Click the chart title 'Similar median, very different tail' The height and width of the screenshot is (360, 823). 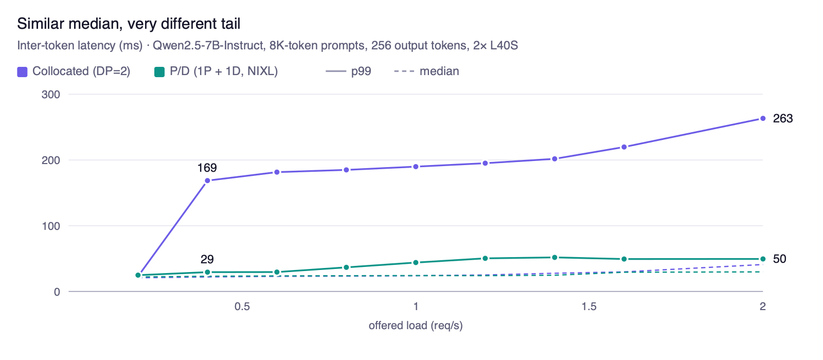(x=129, y=24)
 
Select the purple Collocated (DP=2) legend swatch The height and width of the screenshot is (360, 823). (x=23, y=71)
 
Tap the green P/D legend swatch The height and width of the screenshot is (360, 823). (x=159, y=71)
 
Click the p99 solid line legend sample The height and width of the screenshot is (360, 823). (x=336, y=71)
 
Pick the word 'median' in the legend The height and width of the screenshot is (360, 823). (x=439, y=71)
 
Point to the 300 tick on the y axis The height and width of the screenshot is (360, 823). (x=51, y=95)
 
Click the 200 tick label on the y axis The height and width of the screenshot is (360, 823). (x=51, y=160)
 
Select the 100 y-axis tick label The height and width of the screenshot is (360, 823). (x=51, y=226)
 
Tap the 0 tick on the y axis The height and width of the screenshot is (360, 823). (x=57, y=292)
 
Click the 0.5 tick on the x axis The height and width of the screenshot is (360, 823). (x=242, y=307)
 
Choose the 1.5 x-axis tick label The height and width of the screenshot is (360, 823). (x=589, y=307)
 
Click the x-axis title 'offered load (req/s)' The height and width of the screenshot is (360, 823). (x=416, y=326)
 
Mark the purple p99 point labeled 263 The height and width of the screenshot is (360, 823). (x=763, y=118)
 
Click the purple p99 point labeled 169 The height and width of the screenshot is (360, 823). (x=207, y=181)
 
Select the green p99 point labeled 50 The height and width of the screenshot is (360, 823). (x=763, y=259)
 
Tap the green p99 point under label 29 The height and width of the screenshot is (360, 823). (x=207, y=272)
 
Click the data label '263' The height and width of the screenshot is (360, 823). (x=783, y=118)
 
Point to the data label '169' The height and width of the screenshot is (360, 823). (x=207, y=168)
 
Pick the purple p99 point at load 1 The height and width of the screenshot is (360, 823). (x=416, y=167)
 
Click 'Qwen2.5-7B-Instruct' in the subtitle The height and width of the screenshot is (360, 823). (x=208, y=46)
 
